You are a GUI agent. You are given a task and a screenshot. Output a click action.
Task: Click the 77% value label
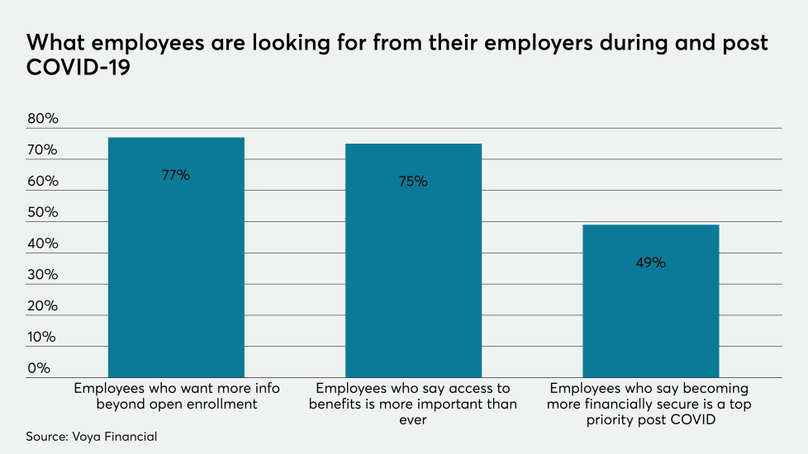click(176, 175)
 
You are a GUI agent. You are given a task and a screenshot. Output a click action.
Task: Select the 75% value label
click(413, 182)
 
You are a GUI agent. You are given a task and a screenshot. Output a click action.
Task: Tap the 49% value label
click(650, 262)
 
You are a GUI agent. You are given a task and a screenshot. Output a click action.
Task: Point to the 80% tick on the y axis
click(43, 119)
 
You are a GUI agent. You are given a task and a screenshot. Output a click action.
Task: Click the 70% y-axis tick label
click(43, 150)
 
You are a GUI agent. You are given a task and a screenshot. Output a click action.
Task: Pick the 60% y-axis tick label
click(43, 182)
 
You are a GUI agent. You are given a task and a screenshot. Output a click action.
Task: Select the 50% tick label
click(43, 212)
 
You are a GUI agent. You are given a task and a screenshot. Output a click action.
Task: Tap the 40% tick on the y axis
click(43, 244)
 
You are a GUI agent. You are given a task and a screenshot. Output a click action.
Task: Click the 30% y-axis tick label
click(43, 275)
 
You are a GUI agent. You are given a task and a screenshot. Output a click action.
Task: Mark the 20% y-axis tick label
click(43, 306)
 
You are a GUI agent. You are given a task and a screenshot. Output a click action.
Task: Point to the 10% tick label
click(43, 337)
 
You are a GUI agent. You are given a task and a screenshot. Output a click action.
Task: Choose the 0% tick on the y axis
click(39, 368)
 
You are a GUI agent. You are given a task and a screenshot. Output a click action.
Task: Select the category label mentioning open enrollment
click(176, 396)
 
